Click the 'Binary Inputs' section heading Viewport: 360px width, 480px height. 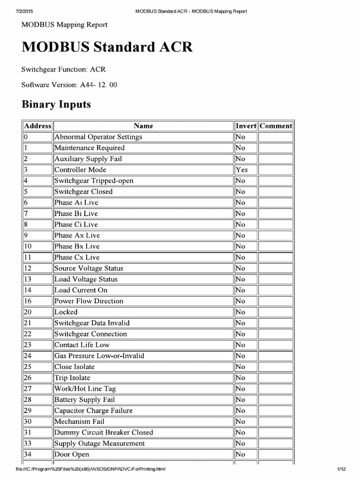(56, 105)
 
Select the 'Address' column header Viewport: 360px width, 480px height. (37, 126)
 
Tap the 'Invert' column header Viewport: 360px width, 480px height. (246, 126)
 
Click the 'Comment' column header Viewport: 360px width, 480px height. (276, 126)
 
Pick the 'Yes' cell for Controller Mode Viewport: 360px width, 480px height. (242, 170)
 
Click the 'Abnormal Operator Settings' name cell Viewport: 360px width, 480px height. (98, 137)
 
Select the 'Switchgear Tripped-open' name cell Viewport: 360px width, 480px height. (94, 180)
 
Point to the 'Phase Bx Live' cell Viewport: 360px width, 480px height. (77, 246)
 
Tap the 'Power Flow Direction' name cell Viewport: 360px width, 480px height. (89, 301)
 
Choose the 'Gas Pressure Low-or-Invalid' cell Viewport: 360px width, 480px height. (99, 356)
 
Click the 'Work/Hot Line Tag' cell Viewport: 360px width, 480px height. (85, 389)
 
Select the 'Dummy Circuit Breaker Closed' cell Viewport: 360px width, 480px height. (104, 432)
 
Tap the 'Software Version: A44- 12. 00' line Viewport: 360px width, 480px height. (69, 85)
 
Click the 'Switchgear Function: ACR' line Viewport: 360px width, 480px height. (64, 69)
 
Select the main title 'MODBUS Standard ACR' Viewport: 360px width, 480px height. (107, 47)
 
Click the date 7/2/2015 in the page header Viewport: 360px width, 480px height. (18, 11)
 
